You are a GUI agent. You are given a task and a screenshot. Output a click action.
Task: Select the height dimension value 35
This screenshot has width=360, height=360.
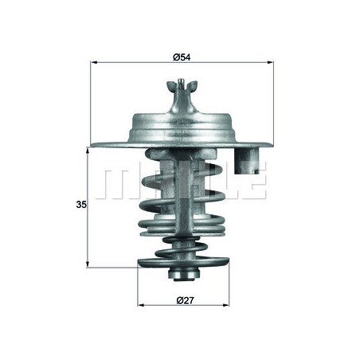pyautogui.click(x=80, y=205)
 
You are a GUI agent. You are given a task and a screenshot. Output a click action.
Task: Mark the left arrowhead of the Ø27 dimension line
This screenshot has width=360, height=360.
pyautogui.click(x=142, y=307)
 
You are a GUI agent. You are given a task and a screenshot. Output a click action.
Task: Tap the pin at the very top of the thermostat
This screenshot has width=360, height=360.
pyautogui.click(x=183, y=83)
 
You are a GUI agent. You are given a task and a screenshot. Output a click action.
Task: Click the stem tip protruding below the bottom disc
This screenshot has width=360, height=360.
pyautogui.click(x=183, y=276)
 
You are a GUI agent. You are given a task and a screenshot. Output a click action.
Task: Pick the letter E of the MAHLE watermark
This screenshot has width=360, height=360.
pyautogui.click(x=252, y=183)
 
